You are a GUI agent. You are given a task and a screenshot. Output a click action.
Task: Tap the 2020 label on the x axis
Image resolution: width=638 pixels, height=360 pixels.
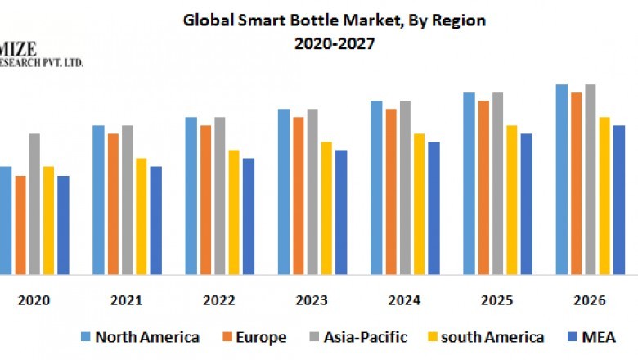pyautogui.click(x=34, y=300)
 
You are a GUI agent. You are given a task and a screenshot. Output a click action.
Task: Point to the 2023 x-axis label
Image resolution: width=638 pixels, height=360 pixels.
pyautogui.click(x=312, y=300)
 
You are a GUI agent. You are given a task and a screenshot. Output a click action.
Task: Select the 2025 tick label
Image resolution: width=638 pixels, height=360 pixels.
pyautogui.click(x=497, y=300)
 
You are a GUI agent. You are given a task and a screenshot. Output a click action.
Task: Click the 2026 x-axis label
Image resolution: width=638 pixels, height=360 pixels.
pyautogui.click(x=590, y=300)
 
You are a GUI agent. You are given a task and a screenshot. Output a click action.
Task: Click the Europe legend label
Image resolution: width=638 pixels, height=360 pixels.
pyautogui.click(x=260, y=337)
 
